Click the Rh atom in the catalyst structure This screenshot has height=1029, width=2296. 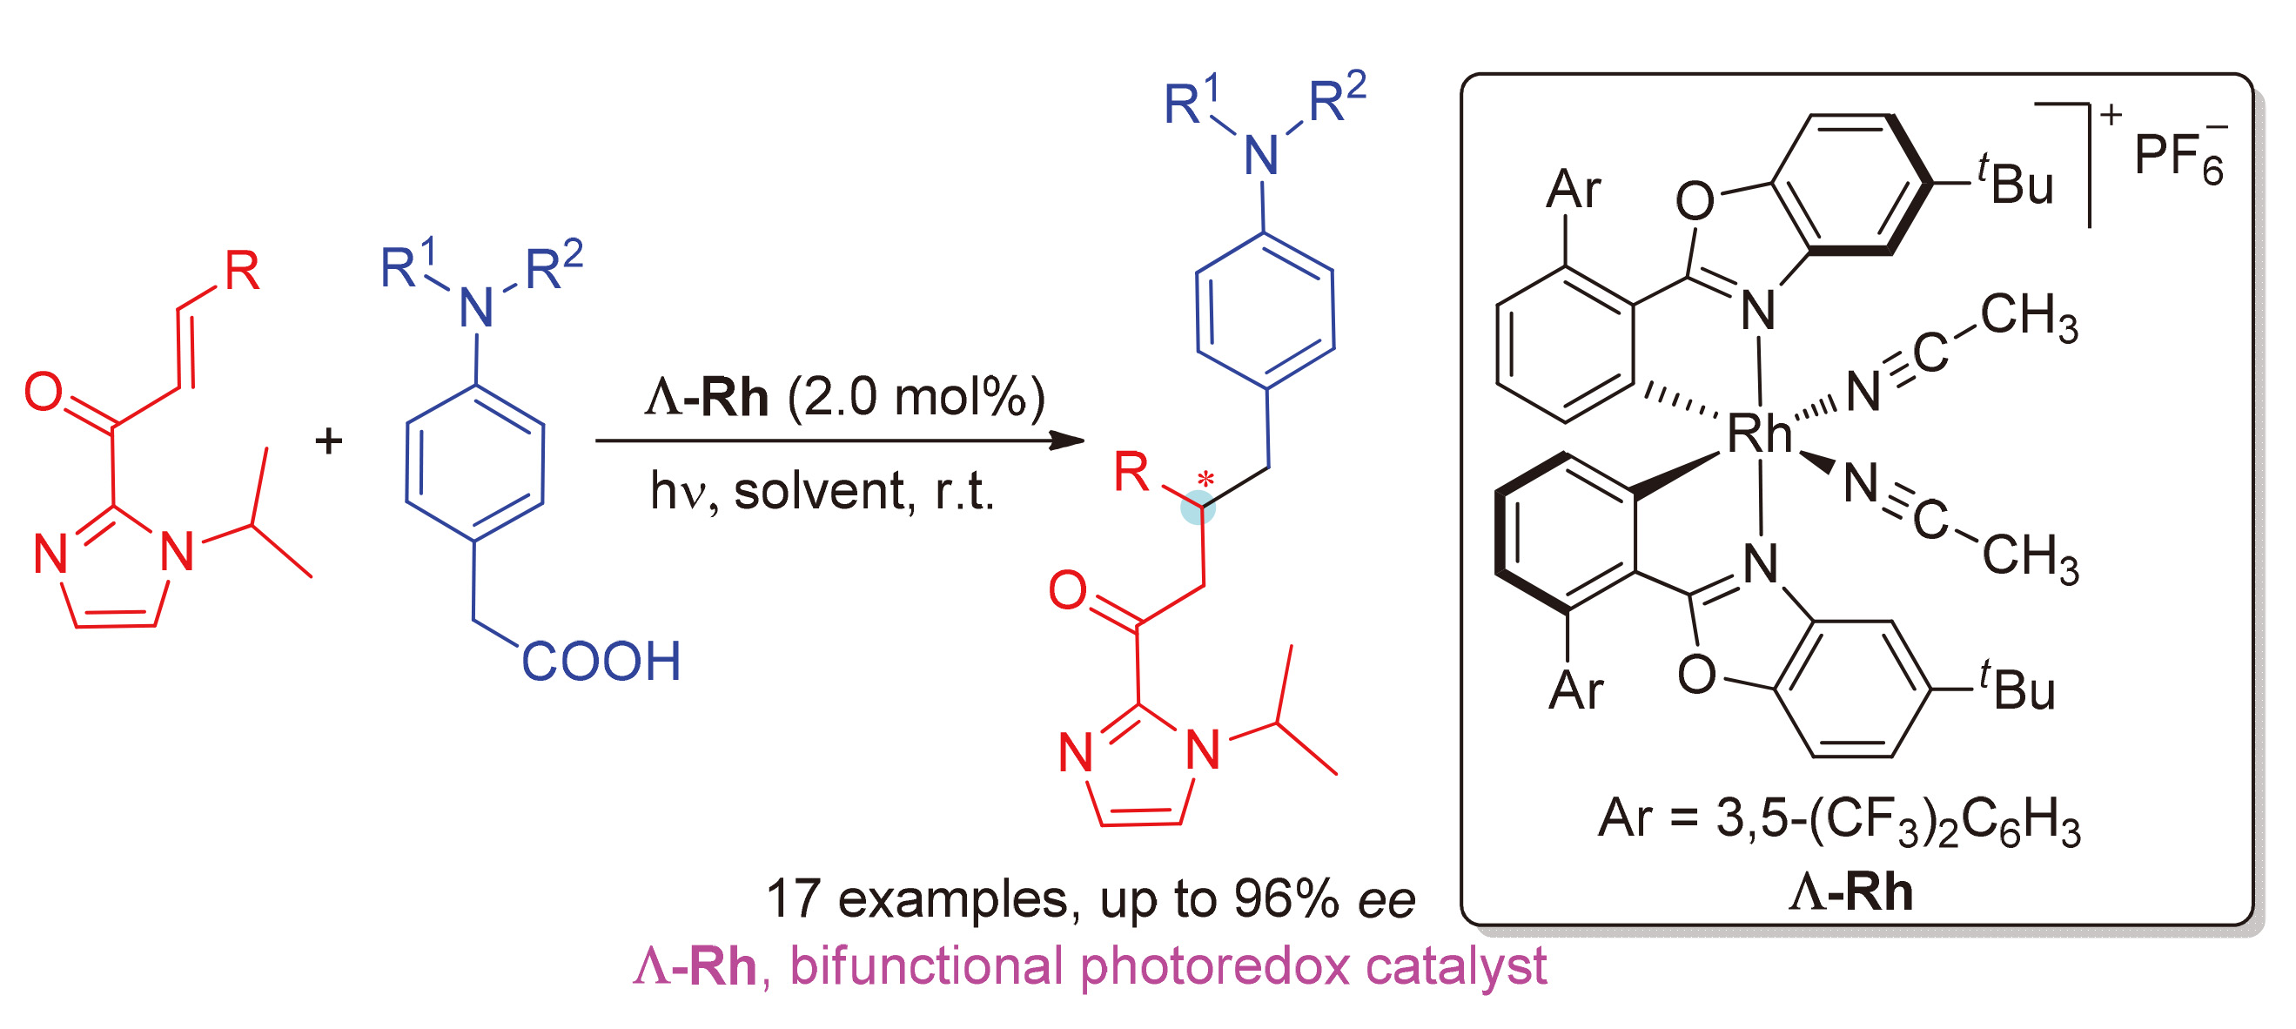click(x=1758, y=434)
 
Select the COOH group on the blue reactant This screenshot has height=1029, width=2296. click(x=601, y=661)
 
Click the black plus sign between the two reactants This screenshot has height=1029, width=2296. click(x=329, y=441)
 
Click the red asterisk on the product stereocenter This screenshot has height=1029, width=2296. click(x=1205, y=480)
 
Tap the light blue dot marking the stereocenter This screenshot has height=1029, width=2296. click(x=1198, y=508)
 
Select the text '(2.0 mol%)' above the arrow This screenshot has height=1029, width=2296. click(x=916, y=397)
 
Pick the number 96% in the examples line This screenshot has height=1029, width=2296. click(x=1286, y=898)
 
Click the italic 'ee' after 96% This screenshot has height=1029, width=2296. click(x=1386, y=899)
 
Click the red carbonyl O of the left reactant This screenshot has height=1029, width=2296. click(x=44, y=392)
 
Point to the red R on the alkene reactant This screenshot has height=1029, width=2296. click(x=242, y=270)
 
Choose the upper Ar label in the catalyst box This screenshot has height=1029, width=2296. click(x=1573, y=189)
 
